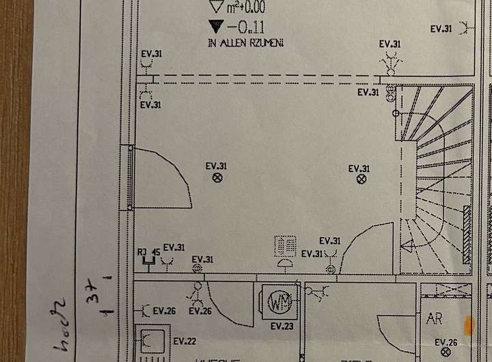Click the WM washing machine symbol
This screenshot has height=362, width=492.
click(278, 301)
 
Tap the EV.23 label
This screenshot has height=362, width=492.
click(282, 326)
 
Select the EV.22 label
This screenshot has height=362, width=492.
click(184, 341)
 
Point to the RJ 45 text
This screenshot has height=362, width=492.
click(149, 252)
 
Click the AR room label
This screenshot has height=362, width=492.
click(434, 318)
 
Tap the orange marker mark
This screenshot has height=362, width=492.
click(469, 325)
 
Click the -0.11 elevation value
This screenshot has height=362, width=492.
click(247, 27)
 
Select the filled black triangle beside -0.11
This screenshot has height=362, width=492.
click(217, 27)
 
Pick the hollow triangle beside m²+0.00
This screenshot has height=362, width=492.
click(217, 8)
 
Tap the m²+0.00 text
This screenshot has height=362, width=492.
click(247, 8)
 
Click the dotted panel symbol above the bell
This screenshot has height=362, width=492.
click(286, 246)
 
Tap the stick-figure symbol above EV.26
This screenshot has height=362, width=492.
click(198, 296)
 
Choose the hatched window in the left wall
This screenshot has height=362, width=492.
click(130, 178)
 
